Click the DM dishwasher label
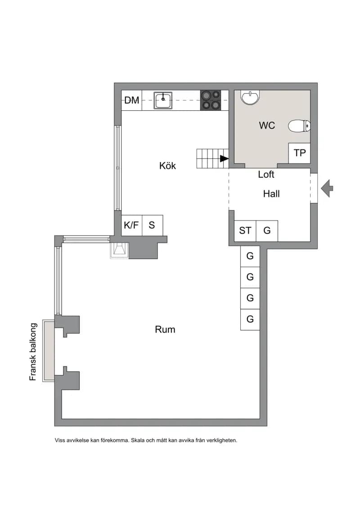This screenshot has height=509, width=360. [132, 100]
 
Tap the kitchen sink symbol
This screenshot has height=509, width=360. [163, 100]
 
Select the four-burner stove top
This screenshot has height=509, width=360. [210, 100]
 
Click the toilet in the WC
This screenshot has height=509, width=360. [299, 126]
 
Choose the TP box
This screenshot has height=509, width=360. [299, 153]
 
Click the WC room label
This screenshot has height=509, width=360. [267, 125]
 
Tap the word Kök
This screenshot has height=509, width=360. [167, 166]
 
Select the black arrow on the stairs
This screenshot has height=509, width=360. [224, 158]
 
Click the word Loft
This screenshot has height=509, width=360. [266, 174]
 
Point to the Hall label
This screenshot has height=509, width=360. [271, 194]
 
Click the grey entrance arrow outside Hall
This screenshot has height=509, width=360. [327, 188]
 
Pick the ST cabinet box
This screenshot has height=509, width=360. [245, 231]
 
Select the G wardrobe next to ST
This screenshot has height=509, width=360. [267, 231]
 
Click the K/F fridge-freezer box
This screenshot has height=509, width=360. [131, 225]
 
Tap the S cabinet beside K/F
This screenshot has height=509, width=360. [152, 225]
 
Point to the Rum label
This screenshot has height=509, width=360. [165, 329]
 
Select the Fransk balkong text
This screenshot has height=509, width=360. [33, 352]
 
